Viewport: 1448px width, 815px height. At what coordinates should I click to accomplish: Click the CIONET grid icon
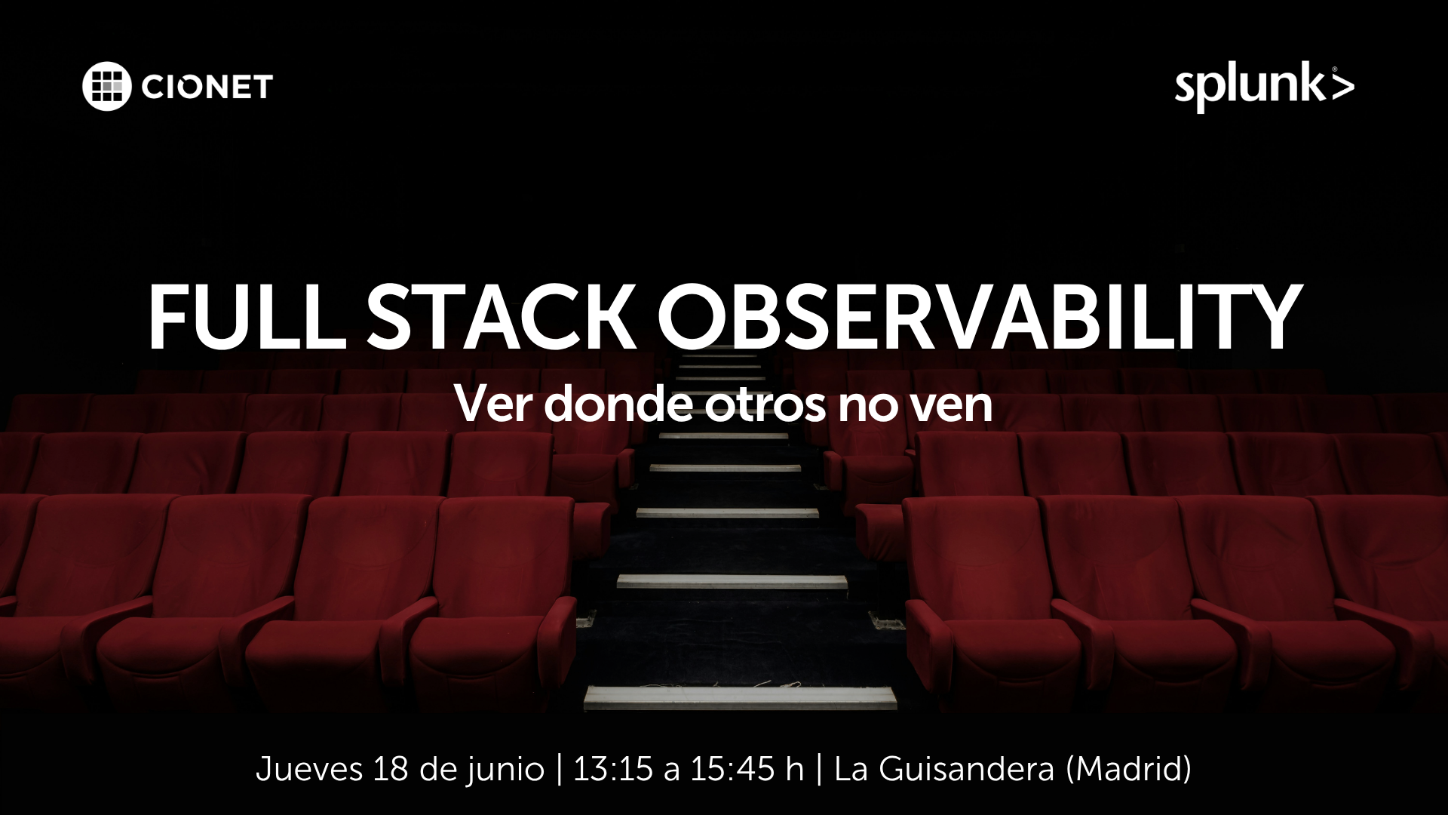click(106, 87)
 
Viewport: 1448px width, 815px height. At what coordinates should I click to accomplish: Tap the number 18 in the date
click(389, 770)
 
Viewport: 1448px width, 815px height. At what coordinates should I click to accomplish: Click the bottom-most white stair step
click(740, 697)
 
